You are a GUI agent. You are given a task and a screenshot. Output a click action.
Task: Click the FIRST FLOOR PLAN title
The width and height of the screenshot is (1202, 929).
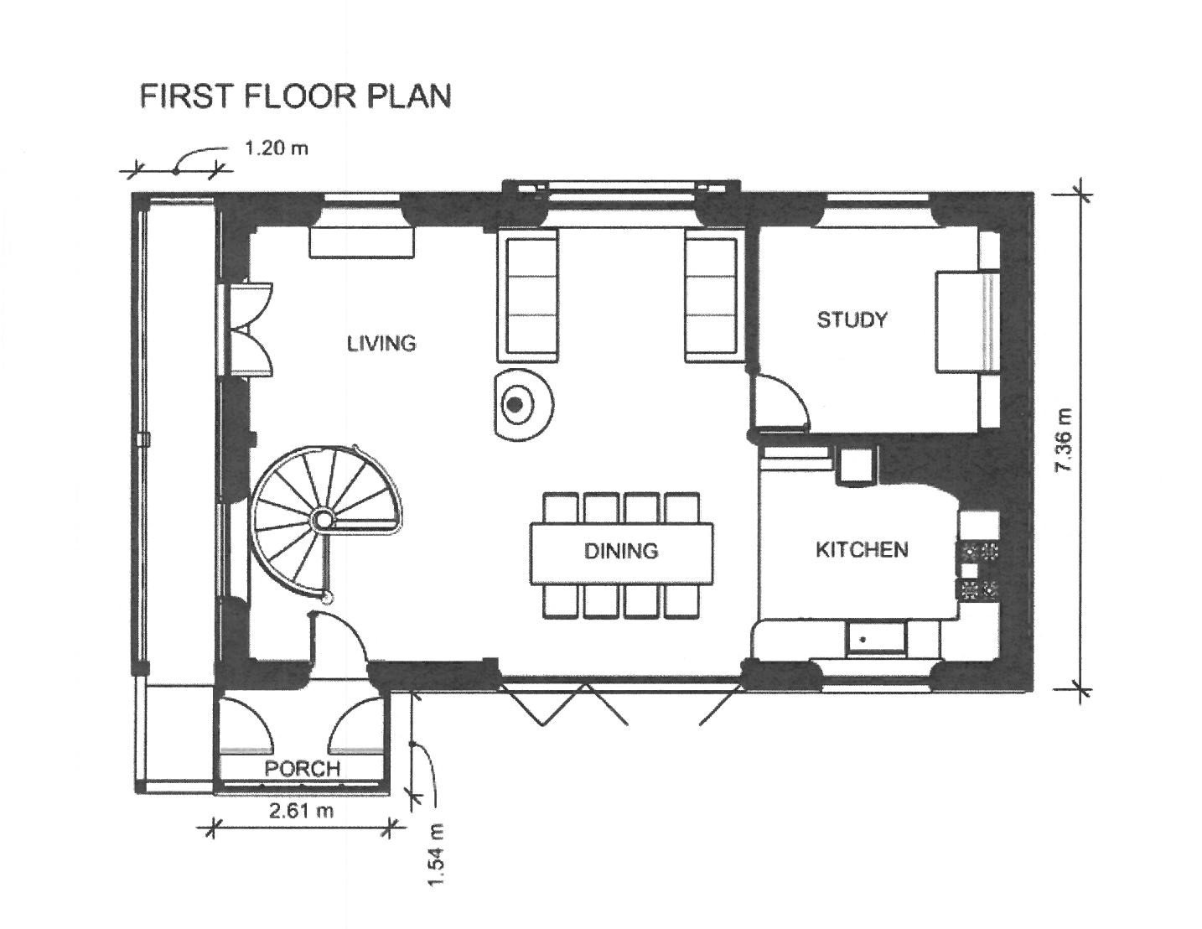pyautogui.click(x=296, y=96)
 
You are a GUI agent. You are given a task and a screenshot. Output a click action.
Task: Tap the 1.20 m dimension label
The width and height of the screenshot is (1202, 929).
pyautogui.click(x=276, y=148)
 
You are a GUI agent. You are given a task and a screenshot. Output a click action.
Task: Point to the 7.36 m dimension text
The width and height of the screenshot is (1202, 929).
pyautogui.click(x=1065, y=440)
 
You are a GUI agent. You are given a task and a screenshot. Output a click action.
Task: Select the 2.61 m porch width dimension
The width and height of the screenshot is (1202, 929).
pyautogui.click(x=302, y=811)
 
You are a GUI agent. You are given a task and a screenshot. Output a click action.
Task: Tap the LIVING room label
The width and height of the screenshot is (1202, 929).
pyautogui.click(x=381, y=344)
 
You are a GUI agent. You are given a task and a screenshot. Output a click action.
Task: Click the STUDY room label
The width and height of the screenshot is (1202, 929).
pyautogui.click(x=852, y=319)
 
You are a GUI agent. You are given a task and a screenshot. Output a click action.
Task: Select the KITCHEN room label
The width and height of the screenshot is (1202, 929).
pyautogui.click(x=863, y=549)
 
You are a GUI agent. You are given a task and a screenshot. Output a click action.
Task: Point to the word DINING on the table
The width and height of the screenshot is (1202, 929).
pyautogui.click(x=621, y=551)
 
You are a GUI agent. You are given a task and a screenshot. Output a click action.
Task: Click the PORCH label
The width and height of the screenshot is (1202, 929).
pyautogui.click(x=302, y=769)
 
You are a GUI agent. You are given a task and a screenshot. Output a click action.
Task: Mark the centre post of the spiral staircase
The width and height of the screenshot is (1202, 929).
pyautogui.click(x=323, y=519)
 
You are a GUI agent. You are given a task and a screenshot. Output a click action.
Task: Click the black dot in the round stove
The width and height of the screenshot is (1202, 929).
pyautogui.click(x=516, y=405)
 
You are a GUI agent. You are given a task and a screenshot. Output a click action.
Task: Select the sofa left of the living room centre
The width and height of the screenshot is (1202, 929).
pyautogui.click(x=527, y=297)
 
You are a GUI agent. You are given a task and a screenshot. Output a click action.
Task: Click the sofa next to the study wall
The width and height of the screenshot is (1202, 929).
pyautogui.click(x=712, y=297)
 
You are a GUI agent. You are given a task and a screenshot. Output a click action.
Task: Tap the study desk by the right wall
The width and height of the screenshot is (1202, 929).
pyautogui.click(x=967, y=320)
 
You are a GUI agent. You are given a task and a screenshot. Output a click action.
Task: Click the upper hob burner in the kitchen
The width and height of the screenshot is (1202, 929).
pyautogui.click(x=978, y=551)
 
